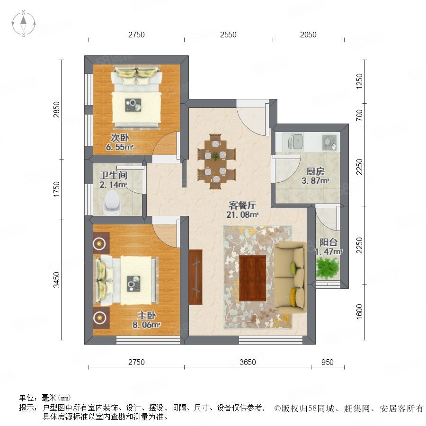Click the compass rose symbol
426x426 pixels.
tap(24, 24)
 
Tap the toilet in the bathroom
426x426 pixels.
tap(113, 202)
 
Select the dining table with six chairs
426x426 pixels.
tap(216, 161)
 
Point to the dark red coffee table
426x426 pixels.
tap(252, 278)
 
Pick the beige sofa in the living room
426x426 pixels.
tap(291, 278)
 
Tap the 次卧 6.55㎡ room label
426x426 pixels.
tap(120, 142)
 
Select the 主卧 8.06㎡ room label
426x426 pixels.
tap(146, 320)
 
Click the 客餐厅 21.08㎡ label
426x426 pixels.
tap(242, 210)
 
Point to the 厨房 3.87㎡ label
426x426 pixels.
tap(315, 176)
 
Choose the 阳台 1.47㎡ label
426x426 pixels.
tap(328, 247)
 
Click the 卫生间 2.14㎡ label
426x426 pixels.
tap(113, 180)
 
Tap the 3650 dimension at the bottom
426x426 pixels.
tap(248, 362)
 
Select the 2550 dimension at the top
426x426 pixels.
tap(228, 35)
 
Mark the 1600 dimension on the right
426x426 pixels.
tap(359, 312)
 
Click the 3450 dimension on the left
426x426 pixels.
tap(56, 280)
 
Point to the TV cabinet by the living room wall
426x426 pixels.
tap(195, 277)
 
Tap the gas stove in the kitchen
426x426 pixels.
tap(329, 142)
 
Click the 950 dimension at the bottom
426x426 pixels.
tap(327, 362)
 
